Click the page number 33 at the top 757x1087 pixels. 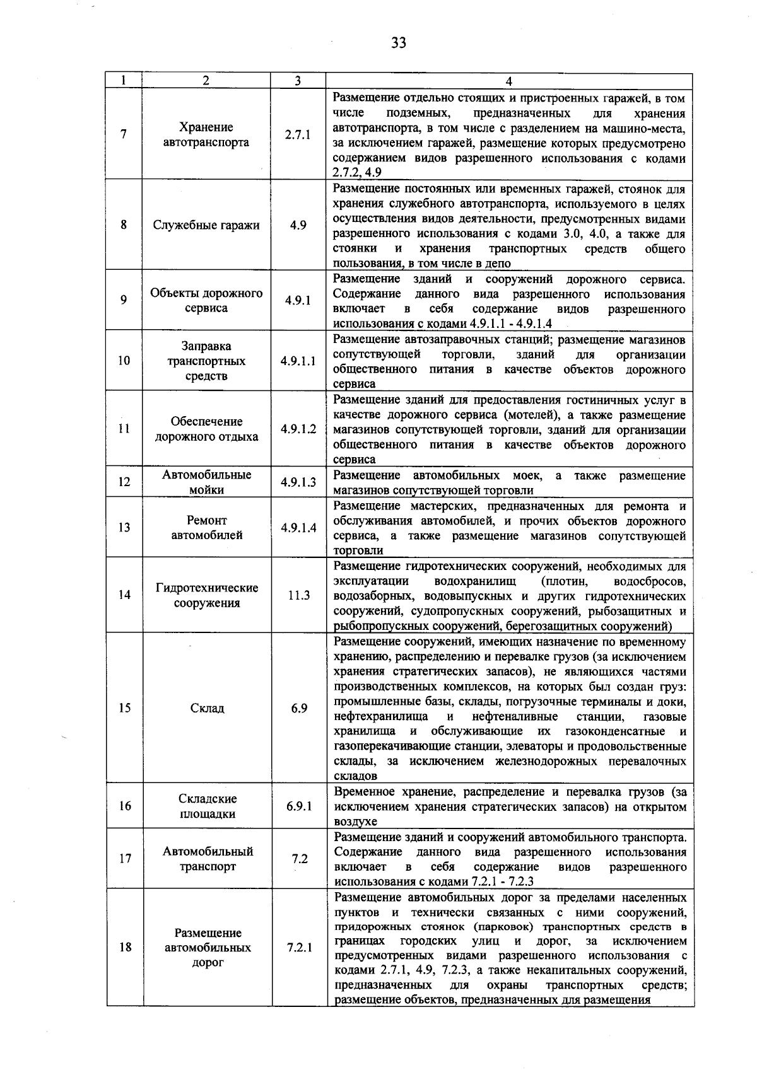tap(398, 42)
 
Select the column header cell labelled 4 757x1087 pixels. tap(508, 81)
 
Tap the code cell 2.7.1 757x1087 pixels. tap(297, 135)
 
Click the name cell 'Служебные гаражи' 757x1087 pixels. tap(206, 226)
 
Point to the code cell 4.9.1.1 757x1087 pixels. tap(298, 361)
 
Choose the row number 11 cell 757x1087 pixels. tap(124, 429)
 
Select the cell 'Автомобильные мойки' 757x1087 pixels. tap(206, 482)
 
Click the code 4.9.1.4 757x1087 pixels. tap(298, 528)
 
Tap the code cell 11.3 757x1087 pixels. tap(298, 595)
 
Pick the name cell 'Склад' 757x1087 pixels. tap(206, 708)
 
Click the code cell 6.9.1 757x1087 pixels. tap(298, 806)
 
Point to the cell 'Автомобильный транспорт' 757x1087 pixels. tap(206, 859)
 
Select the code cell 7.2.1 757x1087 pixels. tap(298, 948)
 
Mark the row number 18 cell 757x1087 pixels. tap(124, 948)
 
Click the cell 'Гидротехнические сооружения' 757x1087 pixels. tap(206, 595)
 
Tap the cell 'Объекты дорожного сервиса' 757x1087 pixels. tap(206, 301)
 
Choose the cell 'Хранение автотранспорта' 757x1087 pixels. tap(206, 135)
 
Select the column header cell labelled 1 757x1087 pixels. tap(124, 81)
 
